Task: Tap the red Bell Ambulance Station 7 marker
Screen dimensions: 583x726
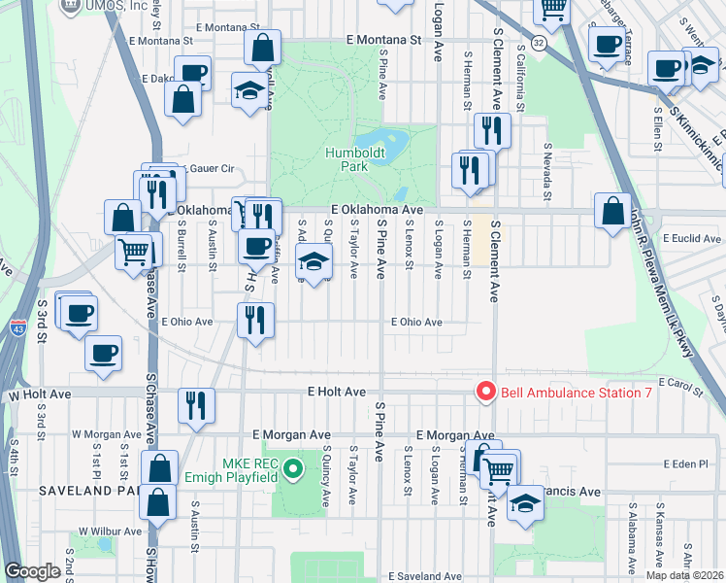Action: [x=485, y=393]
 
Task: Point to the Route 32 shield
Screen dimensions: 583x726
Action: [x=537, y=45]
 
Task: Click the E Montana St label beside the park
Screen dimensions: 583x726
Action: [x=383, y=41]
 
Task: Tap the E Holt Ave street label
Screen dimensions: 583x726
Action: [x=336, y=392]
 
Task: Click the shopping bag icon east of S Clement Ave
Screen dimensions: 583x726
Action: [x=612, y=210]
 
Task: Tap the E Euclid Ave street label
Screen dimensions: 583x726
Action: [x=690, y=237]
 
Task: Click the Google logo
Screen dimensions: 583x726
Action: [x=32, y=571]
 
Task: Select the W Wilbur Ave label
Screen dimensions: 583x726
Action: [x=110, y=532]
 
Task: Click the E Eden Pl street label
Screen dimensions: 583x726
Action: [x=691, y=464]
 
